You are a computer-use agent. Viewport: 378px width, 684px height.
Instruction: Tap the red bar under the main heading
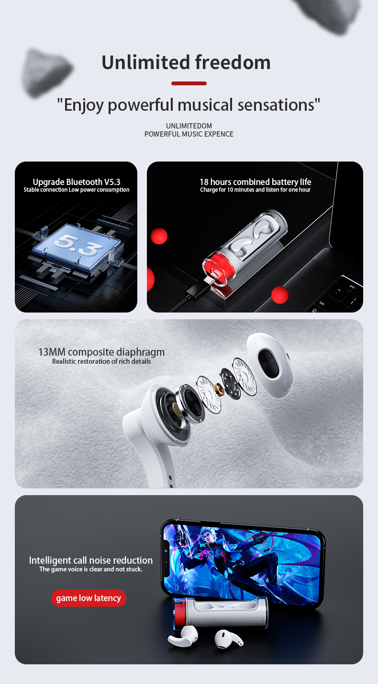point(189,83)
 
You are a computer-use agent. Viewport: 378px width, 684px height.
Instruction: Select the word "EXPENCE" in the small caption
point(219,134)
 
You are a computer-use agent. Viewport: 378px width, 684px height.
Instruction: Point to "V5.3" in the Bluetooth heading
point(112,182)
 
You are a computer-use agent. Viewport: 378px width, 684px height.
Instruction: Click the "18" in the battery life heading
point(204,182)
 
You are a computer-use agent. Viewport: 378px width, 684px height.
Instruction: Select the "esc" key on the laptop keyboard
point(352,287)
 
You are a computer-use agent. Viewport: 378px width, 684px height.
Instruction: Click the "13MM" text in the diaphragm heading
point(52,352)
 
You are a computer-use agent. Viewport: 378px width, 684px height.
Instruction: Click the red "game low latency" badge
point(89,598)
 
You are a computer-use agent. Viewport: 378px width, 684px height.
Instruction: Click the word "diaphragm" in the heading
point(141,353)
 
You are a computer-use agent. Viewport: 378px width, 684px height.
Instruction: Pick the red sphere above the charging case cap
point(159,236)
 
